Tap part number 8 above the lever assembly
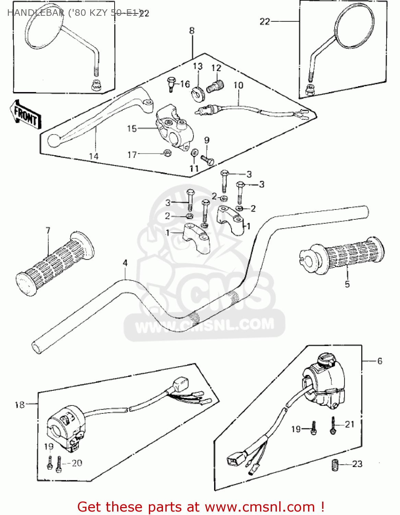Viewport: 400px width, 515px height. click(x=191, y=31)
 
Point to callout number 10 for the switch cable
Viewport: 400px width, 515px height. click(x=238, y=85)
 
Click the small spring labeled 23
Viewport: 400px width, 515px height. click(x=335, y=465)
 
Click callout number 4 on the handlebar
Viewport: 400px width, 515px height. click(x=125, y=263)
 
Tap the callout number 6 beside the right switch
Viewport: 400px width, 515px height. click(x=379, y=361)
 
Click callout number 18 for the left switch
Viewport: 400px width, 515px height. click(x=20, y=405)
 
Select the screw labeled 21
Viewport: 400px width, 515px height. click(x=333, y=426)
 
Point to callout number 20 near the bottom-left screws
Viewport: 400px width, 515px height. click(x=77, y=463)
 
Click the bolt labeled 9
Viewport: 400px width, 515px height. click(x=207, y=160)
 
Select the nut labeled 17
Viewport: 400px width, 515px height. click(x=167, y=153)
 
